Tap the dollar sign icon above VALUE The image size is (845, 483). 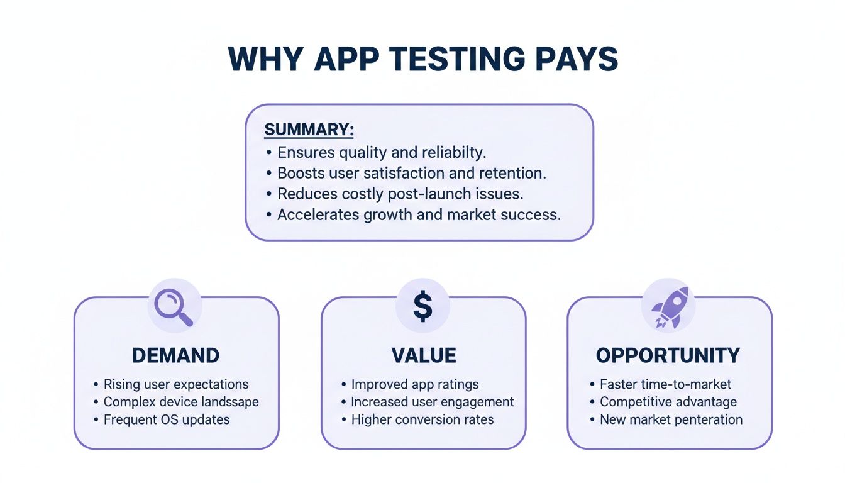pyautogui.click(x=422, y=306)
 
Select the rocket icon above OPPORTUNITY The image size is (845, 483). pyautogui.click(x=669, y=306)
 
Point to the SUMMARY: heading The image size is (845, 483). pyautogui.click(x=309, y=130)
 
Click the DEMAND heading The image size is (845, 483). pyautogui.click(x=175, y=355)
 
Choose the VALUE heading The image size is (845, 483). pyautogui.click(x=423, y=355)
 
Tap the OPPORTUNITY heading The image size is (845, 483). pyautogui.click(x=669, y=355)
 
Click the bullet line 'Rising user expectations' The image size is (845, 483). pyautogui.click(x=175, y=384)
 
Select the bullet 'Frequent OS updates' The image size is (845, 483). pyautogui.click(x=167, y=419)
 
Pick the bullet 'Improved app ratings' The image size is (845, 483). pyautogui.click(x=414, y=384)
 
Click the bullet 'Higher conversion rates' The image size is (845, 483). pyautogui.click(x=422, y=419)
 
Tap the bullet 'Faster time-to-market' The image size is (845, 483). pyautogui.click(x=665, y=384)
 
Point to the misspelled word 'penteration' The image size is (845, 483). pyautogui.click(x=708, y=419)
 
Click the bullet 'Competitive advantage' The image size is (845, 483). pyautogui.click(x=668, y=402)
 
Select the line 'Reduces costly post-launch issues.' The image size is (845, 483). pyautogui.click(x=400, y=194)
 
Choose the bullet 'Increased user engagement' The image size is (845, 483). pyautogui.click(x=432, y=402)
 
